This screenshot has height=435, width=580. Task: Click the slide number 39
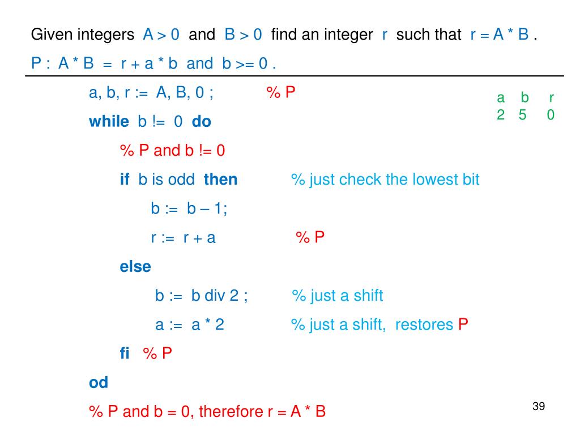coord(538,407)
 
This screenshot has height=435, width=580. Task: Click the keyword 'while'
coord(109,121)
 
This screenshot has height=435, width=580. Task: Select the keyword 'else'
coord(135,266)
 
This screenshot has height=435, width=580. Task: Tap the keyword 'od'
coord(99,382)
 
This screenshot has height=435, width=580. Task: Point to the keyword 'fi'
coord(125,353)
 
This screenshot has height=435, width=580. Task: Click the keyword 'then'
coord(220,180)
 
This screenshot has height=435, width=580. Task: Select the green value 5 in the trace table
coord(522,115)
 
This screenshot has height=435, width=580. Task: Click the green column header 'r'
coord(551,98)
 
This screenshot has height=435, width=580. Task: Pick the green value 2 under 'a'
coord(501,115)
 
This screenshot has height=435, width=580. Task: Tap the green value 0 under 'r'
coord(551,115)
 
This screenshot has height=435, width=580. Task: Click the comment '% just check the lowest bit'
coord(385,180)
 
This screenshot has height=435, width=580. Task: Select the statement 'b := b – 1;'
coord(189,208)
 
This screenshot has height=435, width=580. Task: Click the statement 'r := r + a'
coord(183,237)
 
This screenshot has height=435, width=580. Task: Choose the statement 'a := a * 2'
coord(190,325)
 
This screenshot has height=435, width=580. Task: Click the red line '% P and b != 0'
coord(172,151)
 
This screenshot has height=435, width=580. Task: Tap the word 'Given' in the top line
coord(49,35)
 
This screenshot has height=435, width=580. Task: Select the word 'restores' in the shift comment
coord(424,325)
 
